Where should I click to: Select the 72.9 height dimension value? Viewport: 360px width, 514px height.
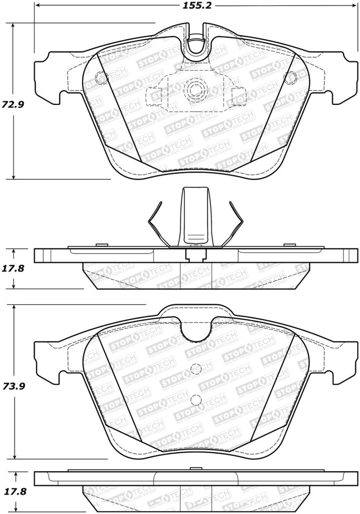point(15,105)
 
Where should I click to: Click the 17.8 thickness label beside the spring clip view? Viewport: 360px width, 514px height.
point(15,268)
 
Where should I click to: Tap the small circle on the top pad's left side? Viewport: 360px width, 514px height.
point(99,78)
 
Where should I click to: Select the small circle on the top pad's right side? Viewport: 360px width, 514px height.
point(289,78)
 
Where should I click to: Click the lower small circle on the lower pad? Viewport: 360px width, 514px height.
point(196,400)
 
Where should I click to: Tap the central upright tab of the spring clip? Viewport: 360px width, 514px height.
point(196,216)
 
